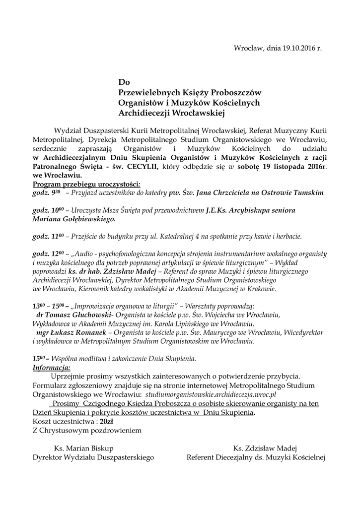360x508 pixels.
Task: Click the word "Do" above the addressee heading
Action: [123, 82]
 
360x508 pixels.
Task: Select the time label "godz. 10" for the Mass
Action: [48, 211]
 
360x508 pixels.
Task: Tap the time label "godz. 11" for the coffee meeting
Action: [48, 237]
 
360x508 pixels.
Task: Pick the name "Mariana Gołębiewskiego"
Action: [74, 219]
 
